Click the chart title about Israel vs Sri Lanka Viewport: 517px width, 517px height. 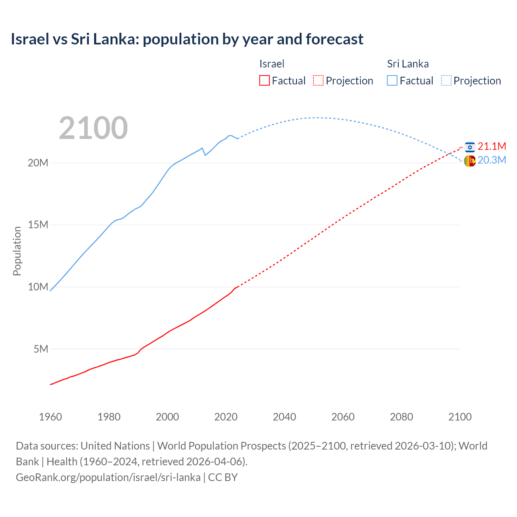point(187,39)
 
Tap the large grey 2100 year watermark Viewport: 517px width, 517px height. point(93,128)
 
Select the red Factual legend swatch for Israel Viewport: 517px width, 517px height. point(265,80)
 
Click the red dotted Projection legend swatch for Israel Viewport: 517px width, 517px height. point(318,80)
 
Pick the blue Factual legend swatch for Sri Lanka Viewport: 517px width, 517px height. point(392,80)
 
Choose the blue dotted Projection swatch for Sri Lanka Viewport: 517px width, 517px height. point(446,80)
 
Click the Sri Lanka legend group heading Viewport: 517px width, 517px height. point(408,64)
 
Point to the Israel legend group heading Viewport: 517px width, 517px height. point(272,64)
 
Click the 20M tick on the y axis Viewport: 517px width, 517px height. point(38,163)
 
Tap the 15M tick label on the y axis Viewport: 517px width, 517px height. point(38,225)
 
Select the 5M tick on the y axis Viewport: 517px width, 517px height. point(41,349)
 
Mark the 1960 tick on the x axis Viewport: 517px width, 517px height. point(50,417)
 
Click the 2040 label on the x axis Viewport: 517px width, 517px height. point(284,417)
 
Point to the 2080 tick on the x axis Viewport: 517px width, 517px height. point(401,417)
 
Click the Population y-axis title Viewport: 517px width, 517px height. point(17,251)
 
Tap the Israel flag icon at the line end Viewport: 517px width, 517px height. point(470,147)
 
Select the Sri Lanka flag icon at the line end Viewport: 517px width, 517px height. point(470,161)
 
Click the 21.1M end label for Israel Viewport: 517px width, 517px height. point(492,146)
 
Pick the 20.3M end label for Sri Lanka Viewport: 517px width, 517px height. point(492,160)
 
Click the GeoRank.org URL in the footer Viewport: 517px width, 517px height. point(108,477)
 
